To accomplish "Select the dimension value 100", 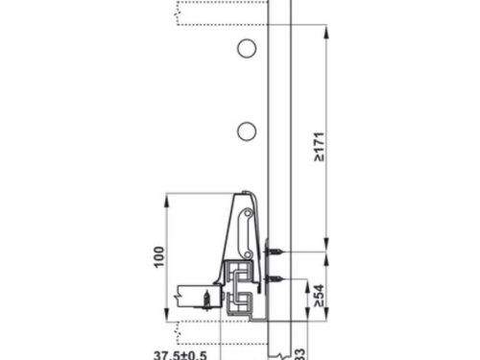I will click(159, 257).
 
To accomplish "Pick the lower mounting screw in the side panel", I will click(275, 279).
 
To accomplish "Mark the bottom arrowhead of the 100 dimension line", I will click(168, 318).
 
